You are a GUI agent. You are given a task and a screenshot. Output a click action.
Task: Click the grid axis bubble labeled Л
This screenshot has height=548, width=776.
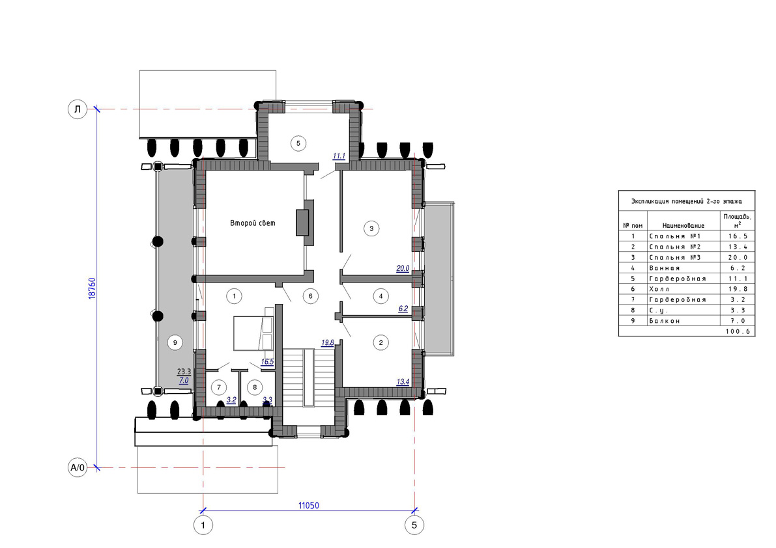coord(77,109)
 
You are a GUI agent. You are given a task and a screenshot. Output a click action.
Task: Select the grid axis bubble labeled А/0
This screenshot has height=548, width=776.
coord(77,467)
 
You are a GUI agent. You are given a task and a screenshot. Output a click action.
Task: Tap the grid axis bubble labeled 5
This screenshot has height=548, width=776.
coord(414,525)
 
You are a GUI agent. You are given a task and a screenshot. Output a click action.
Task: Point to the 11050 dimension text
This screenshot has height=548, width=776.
coord(308,506)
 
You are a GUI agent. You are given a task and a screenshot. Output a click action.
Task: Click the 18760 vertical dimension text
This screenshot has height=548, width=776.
coord(92,288)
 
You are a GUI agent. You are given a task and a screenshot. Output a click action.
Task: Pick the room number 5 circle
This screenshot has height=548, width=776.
coord(298,143)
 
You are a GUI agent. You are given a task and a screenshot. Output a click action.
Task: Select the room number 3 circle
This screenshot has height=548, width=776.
coord(371,228)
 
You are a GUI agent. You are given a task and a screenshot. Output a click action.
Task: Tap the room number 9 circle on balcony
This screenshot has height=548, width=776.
coord(175,342)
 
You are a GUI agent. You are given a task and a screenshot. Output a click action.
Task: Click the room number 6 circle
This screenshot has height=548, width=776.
coord(310,296)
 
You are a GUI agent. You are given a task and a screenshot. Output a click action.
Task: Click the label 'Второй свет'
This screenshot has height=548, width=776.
coord(252,223)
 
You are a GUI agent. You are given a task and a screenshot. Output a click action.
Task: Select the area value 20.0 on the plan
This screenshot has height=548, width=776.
coord(403,268)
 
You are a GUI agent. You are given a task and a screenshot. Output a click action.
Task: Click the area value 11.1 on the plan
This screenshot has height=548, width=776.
coord(339,156)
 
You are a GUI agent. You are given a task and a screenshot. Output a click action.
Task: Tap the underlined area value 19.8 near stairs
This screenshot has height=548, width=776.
coord(328,342)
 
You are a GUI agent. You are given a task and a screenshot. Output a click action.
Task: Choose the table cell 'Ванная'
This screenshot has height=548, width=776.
coord(665,268)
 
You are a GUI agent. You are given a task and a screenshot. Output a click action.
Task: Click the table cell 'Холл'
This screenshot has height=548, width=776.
coord(659,288)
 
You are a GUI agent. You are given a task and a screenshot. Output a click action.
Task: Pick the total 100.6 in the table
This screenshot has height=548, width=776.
coord(738,331)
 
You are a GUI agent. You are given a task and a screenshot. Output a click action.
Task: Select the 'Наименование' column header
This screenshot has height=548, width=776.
coord(683,225)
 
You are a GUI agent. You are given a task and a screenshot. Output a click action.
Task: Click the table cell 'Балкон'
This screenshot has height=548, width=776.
coord(665,321)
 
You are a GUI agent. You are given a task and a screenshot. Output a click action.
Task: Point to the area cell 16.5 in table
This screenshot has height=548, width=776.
coord(738,236)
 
